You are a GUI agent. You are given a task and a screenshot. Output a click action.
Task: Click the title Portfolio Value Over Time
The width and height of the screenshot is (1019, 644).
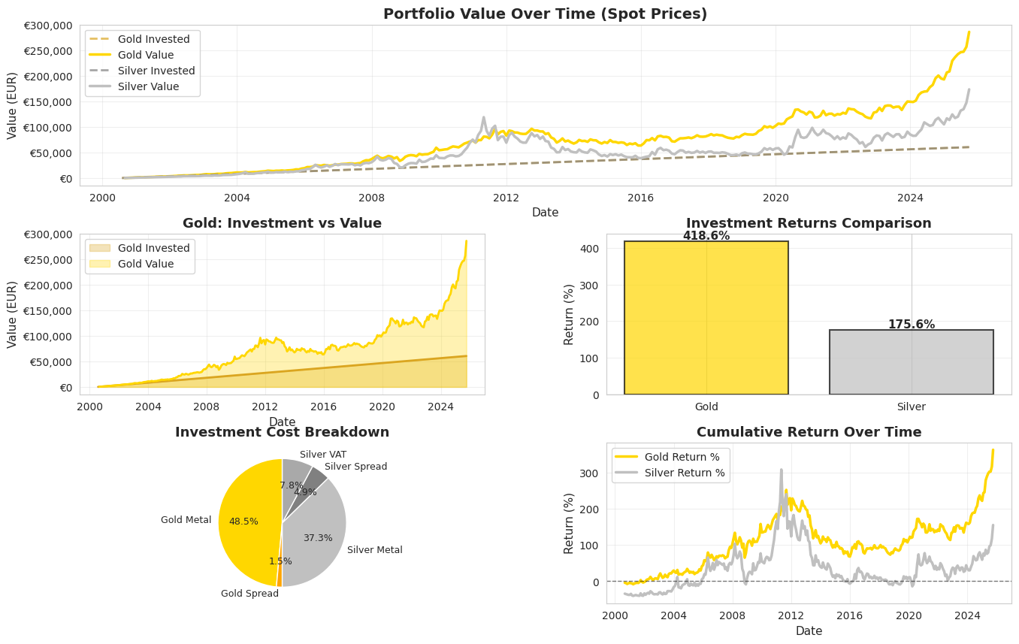(x=545, y=14)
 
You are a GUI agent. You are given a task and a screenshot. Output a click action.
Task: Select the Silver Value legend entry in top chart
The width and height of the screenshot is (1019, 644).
(x=148, y=86)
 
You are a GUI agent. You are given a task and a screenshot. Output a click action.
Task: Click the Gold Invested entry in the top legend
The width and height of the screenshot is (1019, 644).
(x=153, y=39)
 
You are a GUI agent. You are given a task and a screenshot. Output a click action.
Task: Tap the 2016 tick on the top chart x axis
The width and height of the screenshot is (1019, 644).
(x=640, y=198)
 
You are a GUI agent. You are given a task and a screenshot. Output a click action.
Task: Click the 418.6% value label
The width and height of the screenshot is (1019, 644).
(x=706, y=236)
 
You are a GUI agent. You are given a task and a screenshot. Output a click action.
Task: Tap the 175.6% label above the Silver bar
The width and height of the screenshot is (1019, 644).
(x=911, y=325)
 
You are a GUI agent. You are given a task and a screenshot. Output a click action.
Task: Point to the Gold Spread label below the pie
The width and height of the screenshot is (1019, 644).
(x=249, y=594)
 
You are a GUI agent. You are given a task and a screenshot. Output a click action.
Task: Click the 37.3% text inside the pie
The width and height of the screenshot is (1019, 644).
(x=317, y=538)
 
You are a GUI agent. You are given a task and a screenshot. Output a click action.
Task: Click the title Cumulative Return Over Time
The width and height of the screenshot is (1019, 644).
(x=809, y=432)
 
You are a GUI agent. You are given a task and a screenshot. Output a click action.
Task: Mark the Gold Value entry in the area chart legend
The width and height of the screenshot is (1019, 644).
(x=146, y=264)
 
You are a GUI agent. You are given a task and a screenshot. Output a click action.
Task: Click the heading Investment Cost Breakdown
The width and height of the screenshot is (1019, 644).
(x=282, y=432)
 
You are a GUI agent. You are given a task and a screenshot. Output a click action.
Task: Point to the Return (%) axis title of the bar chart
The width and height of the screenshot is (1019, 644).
(x=570, y=314)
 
